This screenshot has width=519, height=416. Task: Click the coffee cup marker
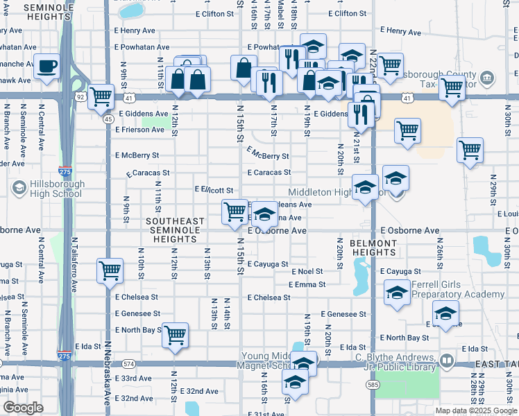(x=46, y=67)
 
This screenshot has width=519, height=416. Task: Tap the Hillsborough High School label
(x=47, y=189)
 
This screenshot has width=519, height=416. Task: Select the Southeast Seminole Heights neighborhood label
(x=175, y=230)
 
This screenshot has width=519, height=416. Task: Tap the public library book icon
(x=447, y=361)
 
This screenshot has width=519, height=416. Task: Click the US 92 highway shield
(x=80, y=97)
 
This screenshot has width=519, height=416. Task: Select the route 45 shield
(x=108, y=119)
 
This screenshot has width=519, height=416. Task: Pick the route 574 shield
(x=128, y=363)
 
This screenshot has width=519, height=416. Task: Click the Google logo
(x=23, y=408)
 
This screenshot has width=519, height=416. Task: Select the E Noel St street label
(x=308, y=272)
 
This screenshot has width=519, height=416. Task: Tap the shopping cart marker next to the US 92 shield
(x=101, y=96)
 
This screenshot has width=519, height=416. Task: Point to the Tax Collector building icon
(x=486, y=78)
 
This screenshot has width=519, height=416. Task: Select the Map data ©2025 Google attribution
(x=475, y=410)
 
